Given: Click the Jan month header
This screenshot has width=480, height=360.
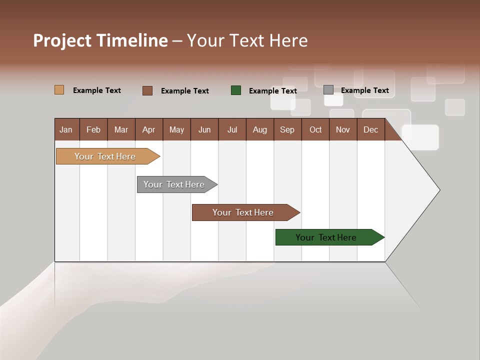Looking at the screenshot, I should click(66, 129).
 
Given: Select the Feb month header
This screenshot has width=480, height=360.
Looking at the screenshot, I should click(93, 129).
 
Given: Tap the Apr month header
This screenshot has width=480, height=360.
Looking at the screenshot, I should click(148, 129).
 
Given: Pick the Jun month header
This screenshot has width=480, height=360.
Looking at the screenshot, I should click(204, 129).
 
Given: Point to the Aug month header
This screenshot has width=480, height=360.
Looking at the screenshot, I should click(259, 129).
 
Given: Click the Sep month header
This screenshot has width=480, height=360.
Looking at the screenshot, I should click(287, 129).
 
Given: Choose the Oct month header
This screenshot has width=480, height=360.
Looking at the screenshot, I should click(315, 129).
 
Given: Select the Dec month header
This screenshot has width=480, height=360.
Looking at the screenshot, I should click(370, 129).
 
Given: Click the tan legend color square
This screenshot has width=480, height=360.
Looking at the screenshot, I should click(59, 90).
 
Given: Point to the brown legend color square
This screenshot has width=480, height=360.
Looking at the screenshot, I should click(147, 90).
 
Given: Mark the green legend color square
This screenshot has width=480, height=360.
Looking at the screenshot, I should click(236, 90).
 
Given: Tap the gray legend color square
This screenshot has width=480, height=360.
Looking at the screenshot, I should click(328, 90).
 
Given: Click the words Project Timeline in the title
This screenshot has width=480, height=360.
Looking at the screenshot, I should click(100, 40).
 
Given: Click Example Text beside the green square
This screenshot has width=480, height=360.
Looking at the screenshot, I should click(273, 91).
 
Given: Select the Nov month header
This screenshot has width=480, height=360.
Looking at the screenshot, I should click(343, 129).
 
